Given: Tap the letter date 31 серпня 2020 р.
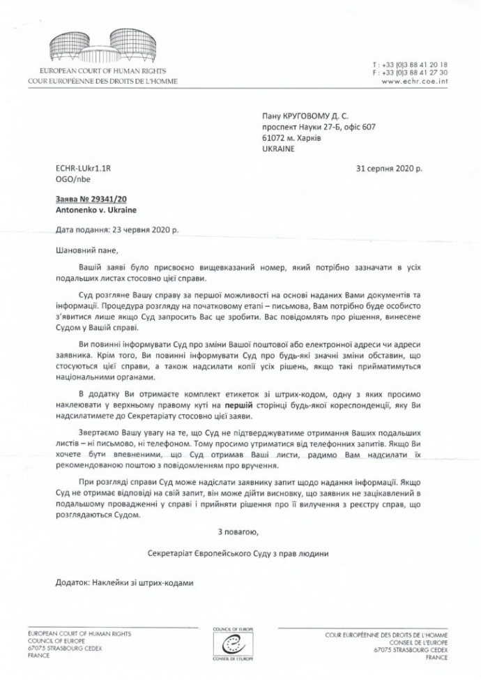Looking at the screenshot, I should click(388, 169).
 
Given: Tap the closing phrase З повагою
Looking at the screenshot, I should click(238, 533).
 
